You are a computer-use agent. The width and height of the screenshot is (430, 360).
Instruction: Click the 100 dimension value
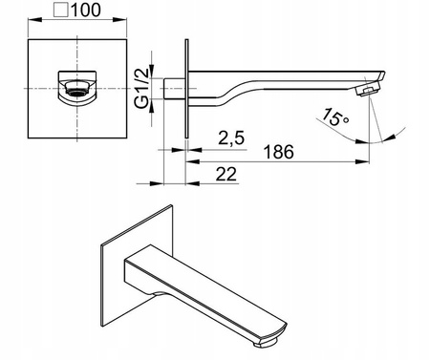click(86, 10)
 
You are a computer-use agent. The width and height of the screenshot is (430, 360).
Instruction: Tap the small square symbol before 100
click(61, 10)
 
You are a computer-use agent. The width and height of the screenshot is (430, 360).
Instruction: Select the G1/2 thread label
click(142, 88)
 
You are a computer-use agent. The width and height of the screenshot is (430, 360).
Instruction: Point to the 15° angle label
click(334, 117)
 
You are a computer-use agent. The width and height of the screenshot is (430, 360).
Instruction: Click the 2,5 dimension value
click(231, 138)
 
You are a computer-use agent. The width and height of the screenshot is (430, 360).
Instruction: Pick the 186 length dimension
click(279, 152)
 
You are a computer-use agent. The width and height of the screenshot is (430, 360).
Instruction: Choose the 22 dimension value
click(226, 174)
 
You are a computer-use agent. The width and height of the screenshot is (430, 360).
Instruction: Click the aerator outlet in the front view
click(76, 88)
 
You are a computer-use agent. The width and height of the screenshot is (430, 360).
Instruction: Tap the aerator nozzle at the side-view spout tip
click(368, 90)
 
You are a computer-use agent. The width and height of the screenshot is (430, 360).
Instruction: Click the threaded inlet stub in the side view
click(174, 88)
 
